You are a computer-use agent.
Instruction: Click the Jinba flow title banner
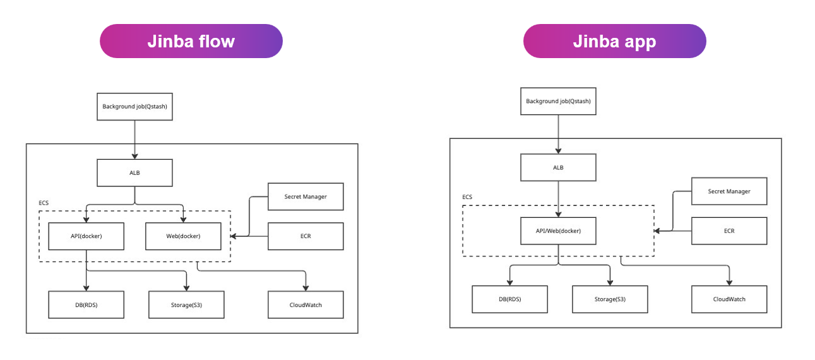pos(191,42)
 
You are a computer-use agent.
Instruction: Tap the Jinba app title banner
pos(614,42)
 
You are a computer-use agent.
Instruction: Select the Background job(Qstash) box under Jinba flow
pos(134,107)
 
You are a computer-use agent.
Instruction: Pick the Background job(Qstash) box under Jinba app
pos(558,101)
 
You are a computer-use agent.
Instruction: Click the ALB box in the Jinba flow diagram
pos(134,172)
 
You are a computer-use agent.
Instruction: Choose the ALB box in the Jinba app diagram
pos(558,167)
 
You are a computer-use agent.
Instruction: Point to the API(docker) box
pos(86,236)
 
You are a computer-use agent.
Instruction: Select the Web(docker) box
pos(183,236)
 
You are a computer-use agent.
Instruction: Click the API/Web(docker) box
pos(558,231)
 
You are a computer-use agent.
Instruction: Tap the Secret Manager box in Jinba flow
pos(306,196)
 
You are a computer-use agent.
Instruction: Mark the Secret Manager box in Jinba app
pos(729,191)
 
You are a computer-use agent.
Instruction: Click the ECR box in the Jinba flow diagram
pos(306,236)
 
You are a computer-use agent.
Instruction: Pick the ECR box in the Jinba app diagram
pos(729,231)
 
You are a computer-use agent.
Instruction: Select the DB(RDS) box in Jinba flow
pos(86,304)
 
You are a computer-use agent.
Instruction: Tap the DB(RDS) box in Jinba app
pos(510,299)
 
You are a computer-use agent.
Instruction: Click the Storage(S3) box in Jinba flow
pos(186,304)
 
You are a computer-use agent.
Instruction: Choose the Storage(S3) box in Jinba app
pos(610,299)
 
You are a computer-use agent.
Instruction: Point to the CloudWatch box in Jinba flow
pos(306,304)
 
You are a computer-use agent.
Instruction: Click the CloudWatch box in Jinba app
pos(729,299)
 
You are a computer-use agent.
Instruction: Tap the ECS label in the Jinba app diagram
pos(467,197)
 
